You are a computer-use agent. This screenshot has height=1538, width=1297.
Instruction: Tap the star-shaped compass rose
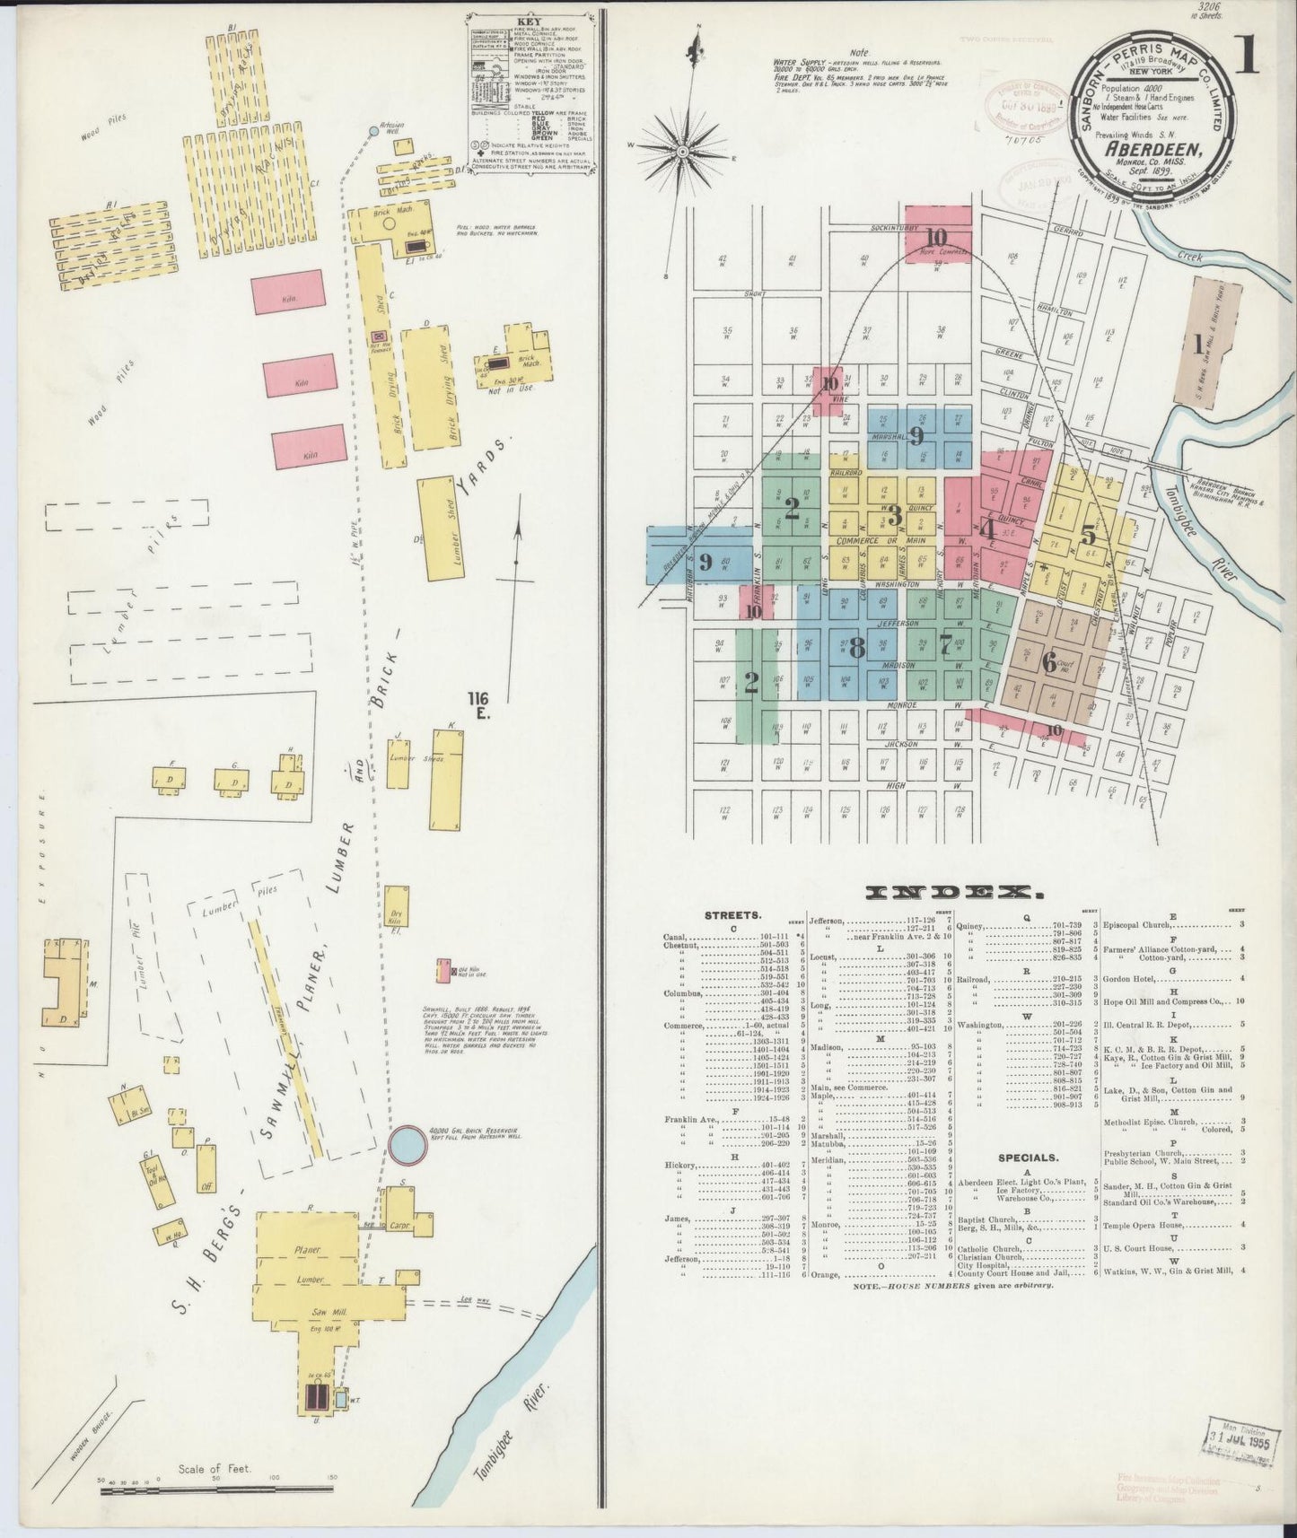coord(684,153)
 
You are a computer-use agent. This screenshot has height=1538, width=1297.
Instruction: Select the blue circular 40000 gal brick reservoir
coord(406,1143)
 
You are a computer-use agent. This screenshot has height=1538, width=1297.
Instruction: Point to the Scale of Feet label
coord(215,1469)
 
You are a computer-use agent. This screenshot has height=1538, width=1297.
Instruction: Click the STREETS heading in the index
coord(734,916)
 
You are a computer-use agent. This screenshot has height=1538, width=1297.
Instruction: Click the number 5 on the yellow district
coord(1088,536)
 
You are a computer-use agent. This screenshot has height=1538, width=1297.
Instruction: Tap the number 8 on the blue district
coord(856,647)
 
